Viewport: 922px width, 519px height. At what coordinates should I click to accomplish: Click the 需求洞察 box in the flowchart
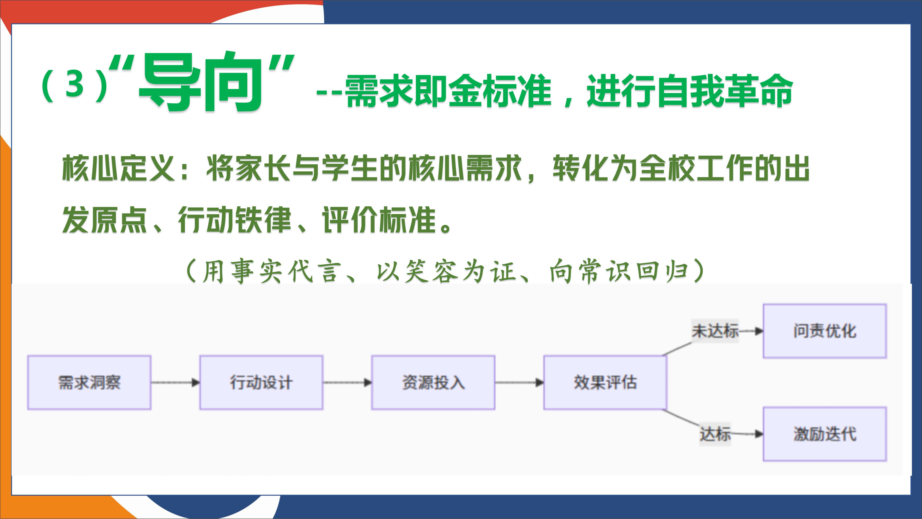tap(89, 382)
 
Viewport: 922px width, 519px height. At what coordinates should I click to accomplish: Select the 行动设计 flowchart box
tap(261, 382)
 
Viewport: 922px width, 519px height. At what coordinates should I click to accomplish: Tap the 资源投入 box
tap(433, 382)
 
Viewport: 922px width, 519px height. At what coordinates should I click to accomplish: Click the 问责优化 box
tap(825, 331)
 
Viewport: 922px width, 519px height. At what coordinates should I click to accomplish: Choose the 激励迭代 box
tap(825, 434)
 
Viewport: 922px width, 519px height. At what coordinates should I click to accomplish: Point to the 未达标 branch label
tap(715, 331)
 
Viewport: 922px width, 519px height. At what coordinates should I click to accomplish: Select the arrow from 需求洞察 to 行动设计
tap(175, 383)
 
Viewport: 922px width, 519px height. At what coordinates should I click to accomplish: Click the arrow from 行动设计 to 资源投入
tap(347, 383)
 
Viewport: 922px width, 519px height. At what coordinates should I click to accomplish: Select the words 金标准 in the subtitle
tap(499, 91)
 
